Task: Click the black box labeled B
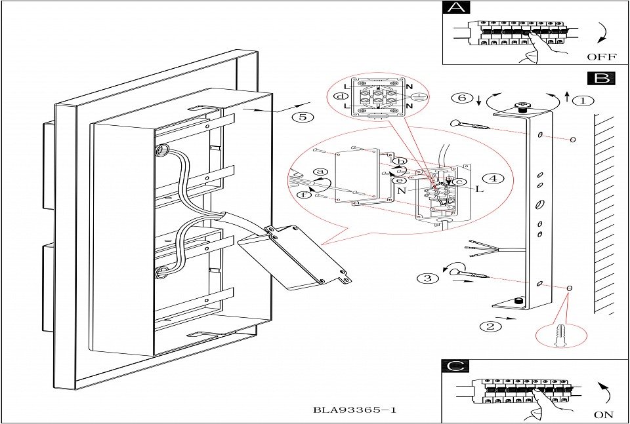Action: pyautogui.click(x=601, y=79)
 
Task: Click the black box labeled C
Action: pyautogui.click(x=455, y=366)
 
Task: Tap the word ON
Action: pyautogui.click(x=603, y=414)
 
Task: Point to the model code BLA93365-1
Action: pyautogui.click(x=356, y=411)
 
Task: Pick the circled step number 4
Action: pyautogui.click(x=493, y=178)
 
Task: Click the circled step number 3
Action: pyautogui.click(x=427, y=278)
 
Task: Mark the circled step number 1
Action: pyautogui.click(x=581, y=101)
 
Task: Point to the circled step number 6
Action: pyautogui.click(x=463, y=98)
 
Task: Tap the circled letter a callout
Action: pyautogui.click(x=321, y=172)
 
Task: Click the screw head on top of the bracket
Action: pyautogui.click(x=522, y=106)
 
